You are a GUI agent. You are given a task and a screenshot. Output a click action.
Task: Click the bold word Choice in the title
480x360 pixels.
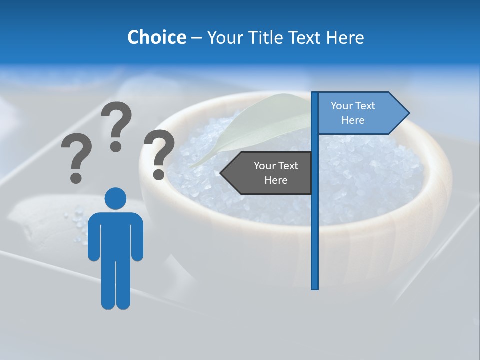(156, 37)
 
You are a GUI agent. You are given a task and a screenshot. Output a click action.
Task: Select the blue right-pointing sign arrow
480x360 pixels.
(360, 113)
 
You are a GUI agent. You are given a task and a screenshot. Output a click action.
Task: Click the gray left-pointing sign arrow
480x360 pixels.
(270, 173)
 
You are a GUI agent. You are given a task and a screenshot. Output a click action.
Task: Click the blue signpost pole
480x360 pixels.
(315, 225)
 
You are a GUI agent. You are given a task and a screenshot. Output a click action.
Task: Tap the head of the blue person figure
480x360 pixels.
(115, 198)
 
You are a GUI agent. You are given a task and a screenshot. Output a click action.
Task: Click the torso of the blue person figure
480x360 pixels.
(115, 235)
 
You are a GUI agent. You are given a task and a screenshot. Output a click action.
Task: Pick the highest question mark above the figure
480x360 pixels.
(116, 125)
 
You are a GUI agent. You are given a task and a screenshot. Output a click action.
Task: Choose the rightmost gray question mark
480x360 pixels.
(159, 153)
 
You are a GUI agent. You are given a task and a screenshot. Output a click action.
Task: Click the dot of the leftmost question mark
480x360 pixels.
(76, 177)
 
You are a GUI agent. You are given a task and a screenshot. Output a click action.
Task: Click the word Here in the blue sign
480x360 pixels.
(353, 120)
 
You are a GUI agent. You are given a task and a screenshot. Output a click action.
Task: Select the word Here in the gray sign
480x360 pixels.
(276, 180)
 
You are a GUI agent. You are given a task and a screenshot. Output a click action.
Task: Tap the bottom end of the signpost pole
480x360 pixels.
(315, 287)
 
